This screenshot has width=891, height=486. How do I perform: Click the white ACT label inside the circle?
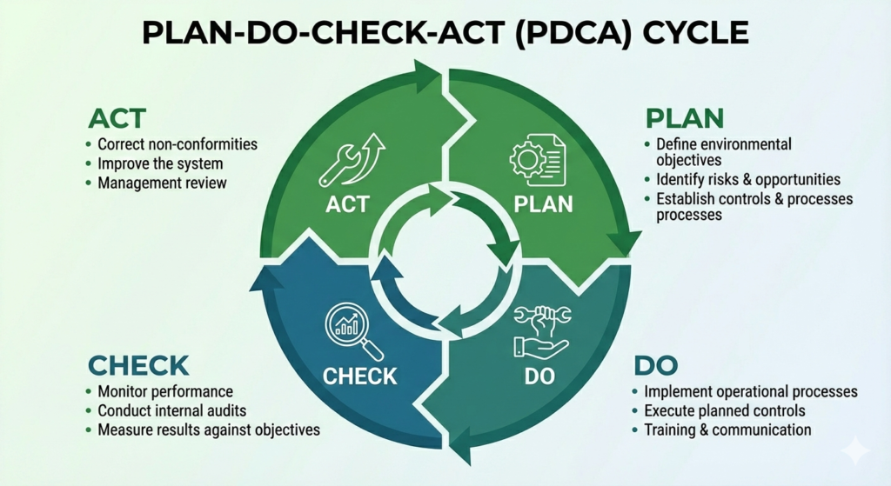click(345, 205)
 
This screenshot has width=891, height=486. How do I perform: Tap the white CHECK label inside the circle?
click(359, 376)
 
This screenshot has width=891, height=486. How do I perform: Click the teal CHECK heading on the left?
click(138, 365)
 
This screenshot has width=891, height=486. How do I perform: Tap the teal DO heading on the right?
click(655, 364)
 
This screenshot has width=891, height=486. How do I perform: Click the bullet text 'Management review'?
click(163, 183)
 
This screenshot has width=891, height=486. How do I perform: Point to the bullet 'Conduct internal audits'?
click(172, 410)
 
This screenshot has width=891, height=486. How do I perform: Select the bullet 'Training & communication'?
click(727, 429)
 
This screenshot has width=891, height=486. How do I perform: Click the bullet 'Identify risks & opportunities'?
click(748, 180)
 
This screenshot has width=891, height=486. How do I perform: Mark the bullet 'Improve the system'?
click(160, 163)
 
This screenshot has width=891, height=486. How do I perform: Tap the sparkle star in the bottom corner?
click(855, 451)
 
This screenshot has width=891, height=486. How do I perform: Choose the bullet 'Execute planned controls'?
click(725, 410)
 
